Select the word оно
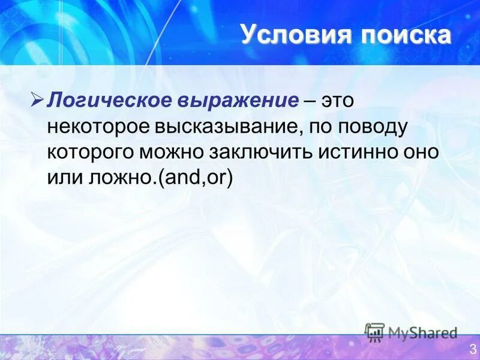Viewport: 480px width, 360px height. tap(422, 152)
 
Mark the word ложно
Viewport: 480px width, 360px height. tap(119, 178)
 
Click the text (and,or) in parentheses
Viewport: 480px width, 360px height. tap(194, 178)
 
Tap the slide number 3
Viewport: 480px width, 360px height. tap(473, 347)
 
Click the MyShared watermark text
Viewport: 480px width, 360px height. tap(423, 332)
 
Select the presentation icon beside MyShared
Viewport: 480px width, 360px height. tap(374, 332)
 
